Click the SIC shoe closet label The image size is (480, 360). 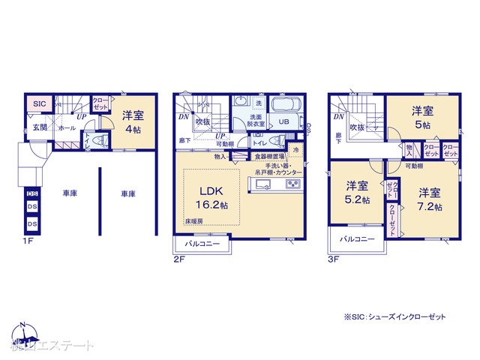click(39, 103)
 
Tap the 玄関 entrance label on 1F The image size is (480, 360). click(40, 127)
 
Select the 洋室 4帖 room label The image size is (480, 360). click(133, 121)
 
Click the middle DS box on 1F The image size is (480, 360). click(32, 208)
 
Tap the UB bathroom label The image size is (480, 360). click(284, 121)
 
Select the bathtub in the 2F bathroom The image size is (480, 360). click(285, 105)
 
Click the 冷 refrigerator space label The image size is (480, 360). click(296, 151)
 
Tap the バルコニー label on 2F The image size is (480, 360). click(197, 244)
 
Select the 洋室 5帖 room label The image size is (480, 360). click(421, 118)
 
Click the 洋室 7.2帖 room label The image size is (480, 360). click(430, 199)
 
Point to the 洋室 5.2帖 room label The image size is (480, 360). click(357, 193)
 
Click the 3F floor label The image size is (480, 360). click(334, 260)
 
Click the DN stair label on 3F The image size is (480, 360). click(338, 117)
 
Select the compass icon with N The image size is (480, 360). click(22, 334)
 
